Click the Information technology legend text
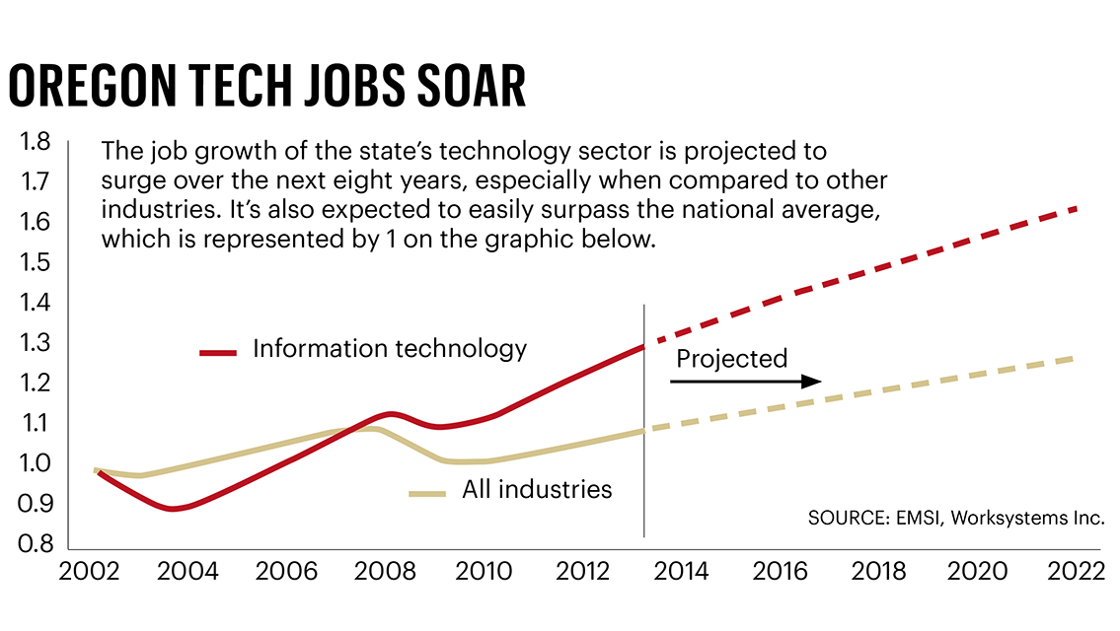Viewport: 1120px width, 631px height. tap(390, 348)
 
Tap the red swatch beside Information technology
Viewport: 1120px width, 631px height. tap(218, 351)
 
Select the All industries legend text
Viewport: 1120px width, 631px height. tap(537, 489)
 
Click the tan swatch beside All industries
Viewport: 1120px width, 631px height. tap(427, 492)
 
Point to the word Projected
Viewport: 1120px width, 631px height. tap(731, 358)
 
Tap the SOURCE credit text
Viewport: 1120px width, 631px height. tap(955, 518)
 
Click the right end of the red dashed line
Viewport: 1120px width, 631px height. tap(1074, 209)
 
